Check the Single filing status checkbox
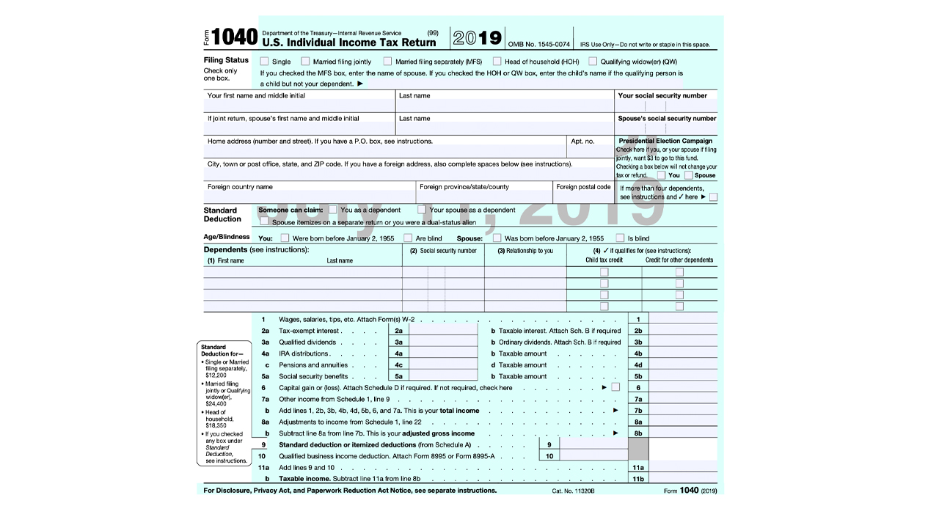tap(264, 62)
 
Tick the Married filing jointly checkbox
tap(305, 62)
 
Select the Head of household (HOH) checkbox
tap(497, 62)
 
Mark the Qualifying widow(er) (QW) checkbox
tap(593, 62)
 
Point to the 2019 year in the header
tap(477, 38)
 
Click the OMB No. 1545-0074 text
tap(538, 45)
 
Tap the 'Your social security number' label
tap(662, 95)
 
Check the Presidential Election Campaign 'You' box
tap(662, 175)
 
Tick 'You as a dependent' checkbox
tap(333, 210)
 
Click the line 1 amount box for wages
tap(682, 319)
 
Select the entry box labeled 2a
tap(440, 331)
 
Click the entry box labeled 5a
tap(440, 376)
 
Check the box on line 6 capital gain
tap(615, 387)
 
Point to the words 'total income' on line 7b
tap(460, 411)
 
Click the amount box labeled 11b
tap(682, 479)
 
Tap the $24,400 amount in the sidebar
tap(215, 403)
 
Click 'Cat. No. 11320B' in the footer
tap(573, 491)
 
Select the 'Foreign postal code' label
tap(583, 187)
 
